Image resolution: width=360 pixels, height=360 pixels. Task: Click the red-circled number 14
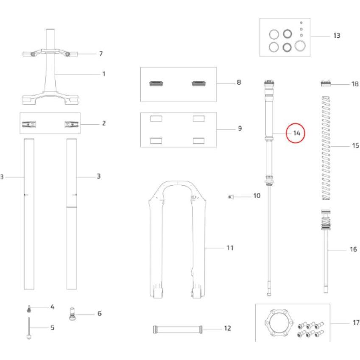[297, 133]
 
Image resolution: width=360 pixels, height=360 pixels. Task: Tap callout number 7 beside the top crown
[101, 53]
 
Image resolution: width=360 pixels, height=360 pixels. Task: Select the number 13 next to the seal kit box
[337, 36]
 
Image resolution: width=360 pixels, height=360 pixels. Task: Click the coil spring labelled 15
[326, 148]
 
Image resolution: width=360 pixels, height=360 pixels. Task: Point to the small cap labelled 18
[326, 83]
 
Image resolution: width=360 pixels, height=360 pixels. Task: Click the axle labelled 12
[178, 329]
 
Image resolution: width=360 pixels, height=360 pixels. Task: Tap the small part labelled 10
[231, 197]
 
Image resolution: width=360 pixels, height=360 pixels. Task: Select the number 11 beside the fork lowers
[230, 248]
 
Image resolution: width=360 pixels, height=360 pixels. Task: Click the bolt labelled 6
[73, 314]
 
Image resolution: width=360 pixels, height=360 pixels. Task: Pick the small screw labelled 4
[29, 309]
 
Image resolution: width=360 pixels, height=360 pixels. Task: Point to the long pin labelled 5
[29, 328]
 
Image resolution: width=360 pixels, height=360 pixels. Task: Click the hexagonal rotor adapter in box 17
[279, 323]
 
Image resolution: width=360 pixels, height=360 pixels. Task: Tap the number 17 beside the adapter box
[356, 323]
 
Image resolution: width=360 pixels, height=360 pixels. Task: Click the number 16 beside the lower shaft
[353, 249]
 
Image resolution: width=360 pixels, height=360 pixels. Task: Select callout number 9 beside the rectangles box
[240, 128]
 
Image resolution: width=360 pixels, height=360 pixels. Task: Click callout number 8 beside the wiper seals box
[239, 82]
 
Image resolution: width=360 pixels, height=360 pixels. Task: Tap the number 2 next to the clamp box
[104, 123]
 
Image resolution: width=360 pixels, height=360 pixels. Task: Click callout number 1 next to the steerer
[104, 74]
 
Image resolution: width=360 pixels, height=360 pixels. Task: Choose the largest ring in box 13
[300, 45]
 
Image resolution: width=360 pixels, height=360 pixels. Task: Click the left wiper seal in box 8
[156, 84]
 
